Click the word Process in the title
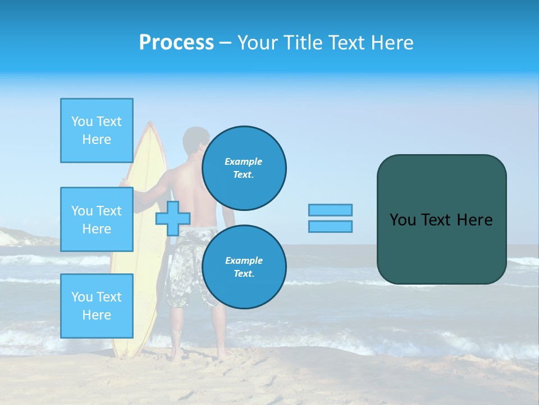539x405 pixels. (x=176, y=43)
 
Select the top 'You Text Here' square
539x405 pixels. (x=97, y=130)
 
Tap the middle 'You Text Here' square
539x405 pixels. (x=97, y=219)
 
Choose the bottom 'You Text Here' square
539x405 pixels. (x=97, y=306)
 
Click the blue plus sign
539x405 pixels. (x=172, y=218)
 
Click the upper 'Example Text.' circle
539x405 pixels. (x=244, y=168)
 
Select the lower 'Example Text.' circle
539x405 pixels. (x=244, y=267)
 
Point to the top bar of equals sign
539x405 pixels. (x=330, y=210)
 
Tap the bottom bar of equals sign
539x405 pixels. (x=330, y=226)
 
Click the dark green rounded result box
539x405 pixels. (x=441, y=219)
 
